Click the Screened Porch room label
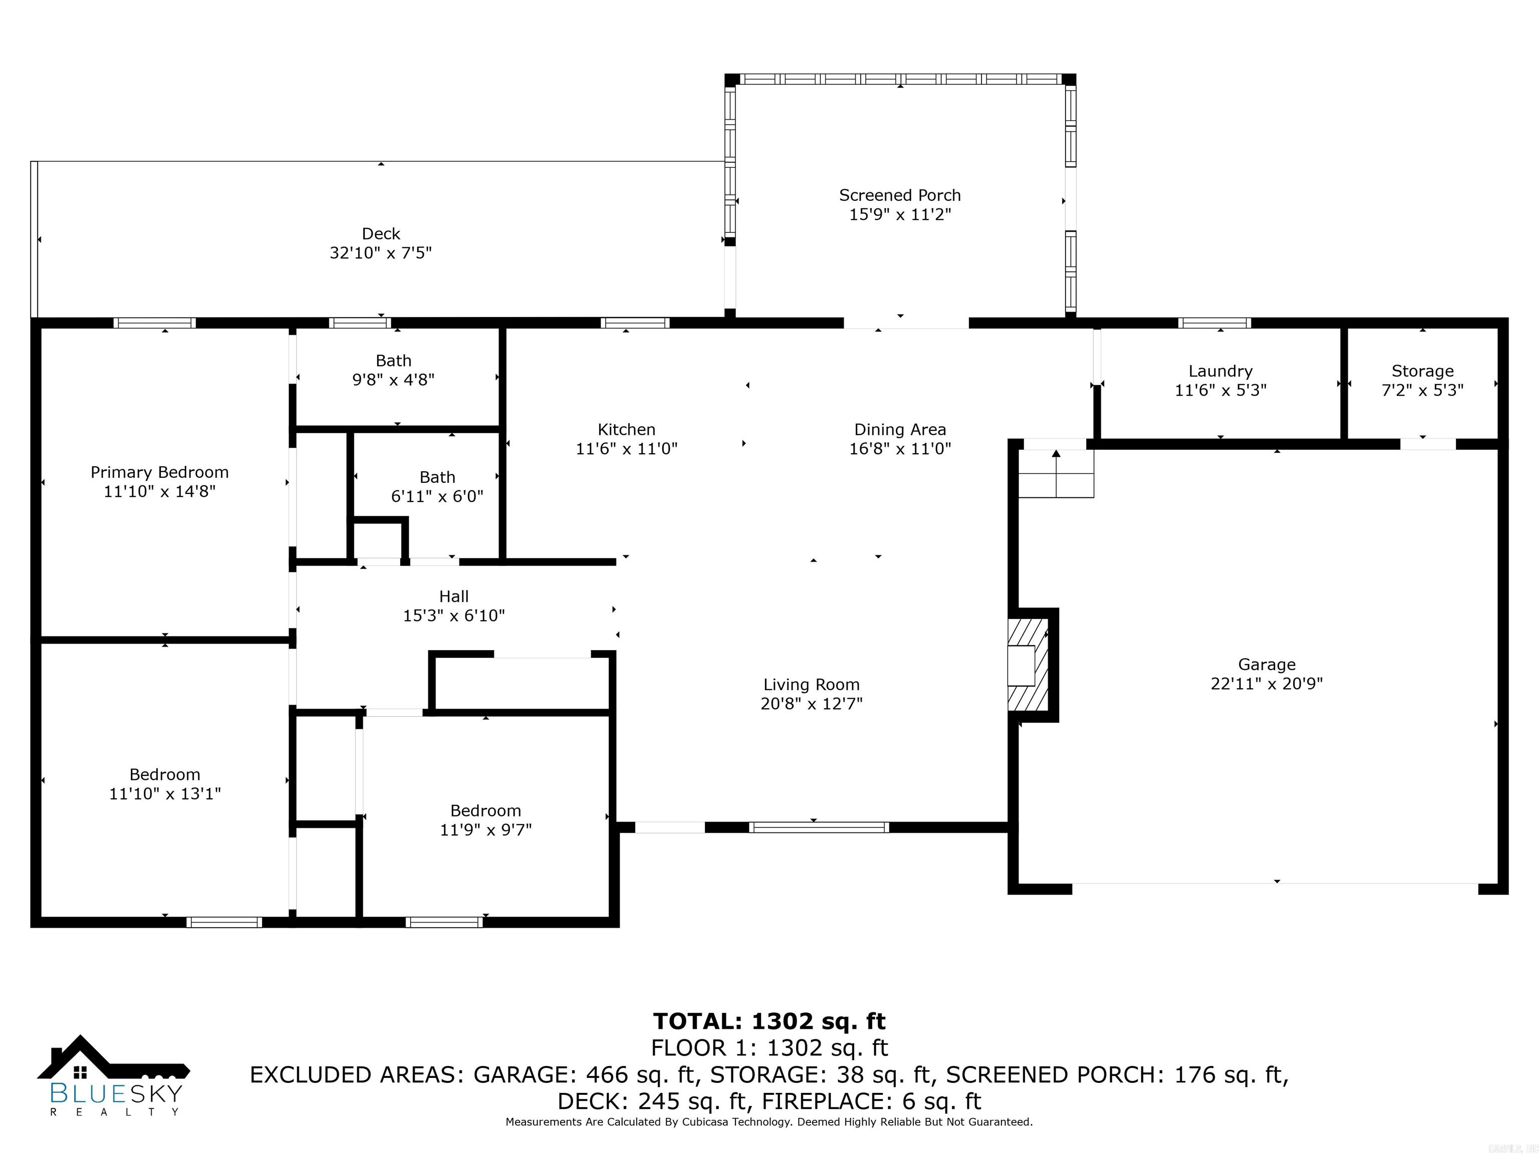[x=900, y=195]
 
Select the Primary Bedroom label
[x=159, y=472]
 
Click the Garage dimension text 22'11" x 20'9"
[x=1266, y=684]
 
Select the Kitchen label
[x=626, y=430]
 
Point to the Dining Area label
[x=900, y=430]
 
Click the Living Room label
[x=811, y=685]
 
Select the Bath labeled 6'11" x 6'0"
[x=437, y=487]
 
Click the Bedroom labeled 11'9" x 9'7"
[x=485, y=820]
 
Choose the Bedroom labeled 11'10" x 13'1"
[x=165, y=784]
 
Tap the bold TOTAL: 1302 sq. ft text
[x=769, y=1021]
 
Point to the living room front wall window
[x=818, y=827]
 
